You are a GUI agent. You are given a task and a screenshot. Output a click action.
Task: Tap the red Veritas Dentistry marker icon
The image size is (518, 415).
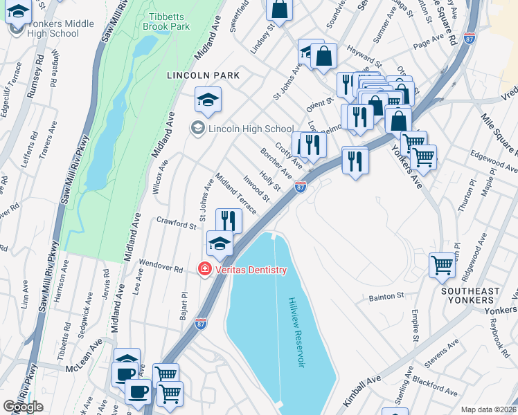(x=204, y=269)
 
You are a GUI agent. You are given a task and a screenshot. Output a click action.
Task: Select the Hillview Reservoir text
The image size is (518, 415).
(x=296, y=333)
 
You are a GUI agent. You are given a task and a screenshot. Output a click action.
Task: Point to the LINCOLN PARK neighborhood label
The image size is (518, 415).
(x=202, y=75)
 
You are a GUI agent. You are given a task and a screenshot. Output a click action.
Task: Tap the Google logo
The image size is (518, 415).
(x=23, y=407)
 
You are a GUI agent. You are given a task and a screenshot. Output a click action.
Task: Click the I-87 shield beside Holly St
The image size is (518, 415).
(x=300, y=187)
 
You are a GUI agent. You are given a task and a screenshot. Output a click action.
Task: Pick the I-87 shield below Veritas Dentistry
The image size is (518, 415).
(x=199, y=324)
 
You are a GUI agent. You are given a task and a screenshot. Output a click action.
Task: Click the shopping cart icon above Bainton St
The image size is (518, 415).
(x=442, y=264)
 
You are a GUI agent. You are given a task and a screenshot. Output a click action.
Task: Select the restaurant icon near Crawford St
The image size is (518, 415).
(x=229, y=221)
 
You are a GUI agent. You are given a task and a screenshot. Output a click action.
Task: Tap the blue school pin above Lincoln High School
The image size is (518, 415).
(x=208, y=100)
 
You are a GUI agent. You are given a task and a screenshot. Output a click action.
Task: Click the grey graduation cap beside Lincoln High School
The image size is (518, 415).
(x=198, y=129)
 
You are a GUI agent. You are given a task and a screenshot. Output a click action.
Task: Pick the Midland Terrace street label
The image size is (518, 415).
(x=235, y=193)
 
